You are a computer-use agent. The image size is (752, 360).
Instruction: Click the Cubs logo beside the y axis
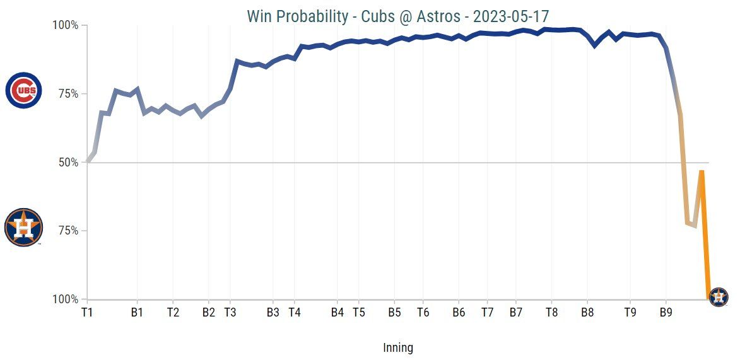tap(24, 90)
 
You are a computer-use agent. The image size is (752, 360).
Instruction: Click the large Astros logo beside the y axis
tap(23, 227)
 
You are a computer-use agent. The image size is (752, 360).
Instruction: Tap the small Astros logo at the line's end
tap(719, 296)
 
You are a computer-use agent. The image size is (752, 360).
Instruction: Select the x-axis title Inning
tap(398, 347)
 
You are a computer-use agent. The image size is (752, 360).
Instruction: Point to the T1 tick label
tap(88, 311)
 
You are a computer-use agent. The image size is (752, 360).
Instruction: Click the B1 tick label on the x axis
tap(137, 311)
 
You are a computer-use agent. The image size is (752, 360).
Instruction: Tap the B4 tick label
tap(338, 311)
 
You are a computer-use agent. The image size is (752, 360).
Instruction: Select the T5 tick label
tap(358, 311)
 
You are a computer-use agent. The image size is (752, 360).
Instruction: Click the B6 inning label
tap(459, 311)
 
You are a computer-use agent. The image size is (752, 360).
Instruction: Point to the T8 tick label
tap(551, 311)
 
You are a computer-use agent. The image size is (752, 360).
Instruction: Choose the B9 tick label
tap(666, 311)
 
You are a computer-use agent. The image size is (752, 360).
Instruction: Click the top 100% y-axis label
tap(65, 25)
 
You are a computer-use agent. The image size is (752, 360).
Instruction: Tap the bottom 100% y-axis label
tap(65, 299)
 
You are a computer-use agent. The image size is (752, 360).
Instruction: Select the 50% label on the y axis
tap(68, 162)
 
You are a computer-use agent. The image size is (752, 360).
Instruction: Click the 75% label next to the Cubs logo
tap(68, 94)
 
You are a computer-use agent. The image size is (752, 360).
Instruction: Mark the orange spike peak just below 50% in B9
tap(702, 171)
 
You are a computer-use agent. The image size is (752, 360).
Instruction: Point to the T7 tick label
tap(488, 311)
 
